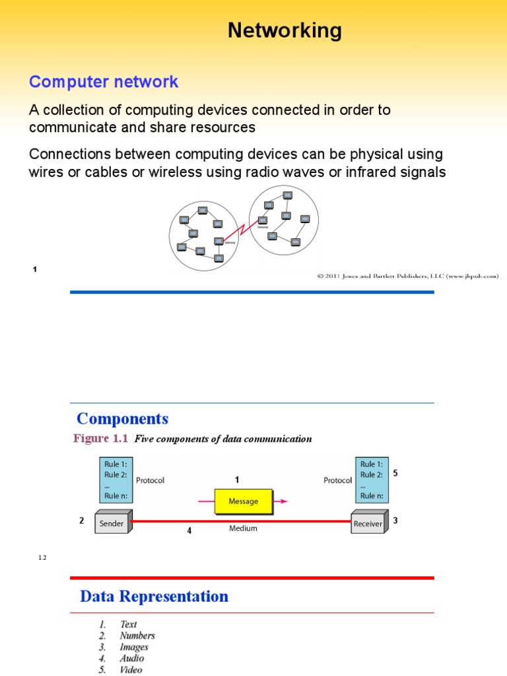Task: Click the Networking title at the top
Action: [x=285, y=30]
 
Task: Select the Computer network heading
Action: [x=104, y=82]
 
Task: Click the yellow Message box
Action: [x=243, y=501]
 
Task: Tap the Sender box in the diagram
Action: [x=112, y=522]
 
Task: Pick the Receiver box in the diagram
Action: [x=368, y=522]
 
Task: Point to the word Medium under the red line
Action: [x=243, y=528]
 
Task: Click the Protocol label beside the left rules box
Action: [x=150, y=480]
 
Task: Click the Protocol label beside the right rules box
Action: [x=337, y=480]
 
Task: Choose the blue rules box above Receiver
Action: [x=372, y=480]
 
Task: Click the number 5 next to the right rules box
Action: [x=395, y=473]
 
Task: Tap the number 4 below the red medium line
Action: [x=189, y=530]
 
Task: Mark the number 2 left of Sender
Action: [x=82, y=520]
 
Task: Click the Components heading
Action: [x=123, y=419]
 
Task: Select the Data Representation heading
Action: [x=154, y=596]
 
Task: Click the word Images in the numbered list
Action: [x=134, y=647]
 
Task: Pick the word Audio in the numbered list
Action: [x=131, y=658]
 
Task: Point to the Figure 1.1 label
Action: [x=100, y=438]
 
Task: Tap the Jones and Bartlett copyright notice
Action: [x=407, y=276]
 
